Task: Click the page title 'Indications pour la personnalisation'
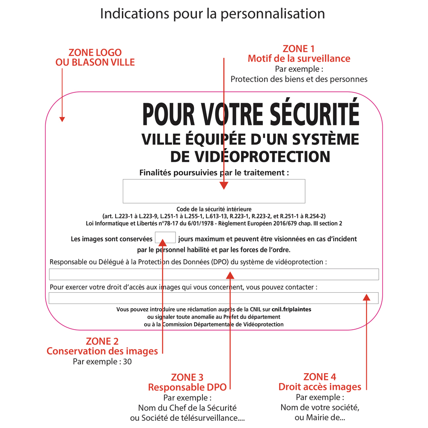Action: (212, 14)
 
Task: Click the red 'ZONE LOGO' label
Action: (95, 53)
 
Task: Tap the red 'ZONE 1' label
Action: (299, 49)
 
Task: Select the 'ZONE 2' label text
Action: (102, 341)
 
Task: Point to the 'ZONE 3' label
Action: (187, 377)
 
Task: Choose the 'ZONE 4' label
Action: (320, 377)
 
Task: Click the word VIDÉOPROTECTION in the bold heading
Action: (250, 156)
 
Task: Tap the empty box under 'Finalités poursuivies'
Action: (214, 191)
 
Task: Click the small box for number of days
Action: (165, 238)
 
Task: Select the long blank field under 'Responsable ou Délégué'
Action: (214, 274)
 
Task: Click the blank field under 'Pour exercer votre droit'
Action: (214, 297)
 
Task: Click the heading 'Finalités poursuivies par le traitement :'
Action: (214, 172)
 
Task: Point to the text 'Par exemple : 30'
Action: (102, 362)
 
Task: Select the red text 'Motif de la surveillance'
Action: (299, 59)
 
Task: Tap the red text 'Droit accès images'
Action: (320, 387)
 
